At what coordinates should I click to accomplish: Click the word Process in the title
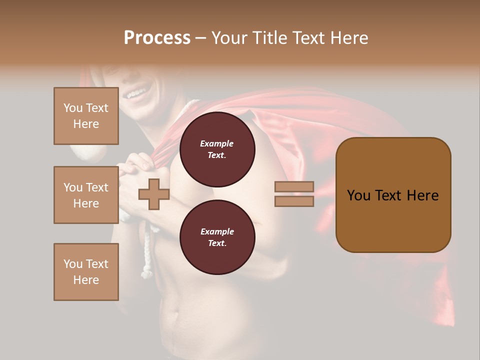click(157, 38)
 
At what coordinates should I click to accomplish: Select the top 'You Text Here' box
click(86, 116)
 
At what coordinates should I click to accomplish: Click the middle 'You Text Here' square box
click(86, 195)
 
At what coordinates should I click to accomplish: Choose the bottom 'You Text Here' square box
click(86, 272)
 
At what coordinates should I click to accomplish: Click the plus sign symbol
click(153, 194)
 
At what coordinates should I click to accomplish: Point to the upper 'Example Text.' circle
click(217, 149)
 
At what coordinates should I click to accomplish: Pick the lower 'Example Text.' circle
click(217, 237)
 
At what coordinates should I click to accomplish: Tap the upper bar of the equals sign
click(294, 186)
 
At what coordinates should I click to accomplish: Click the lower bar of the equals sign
click(294, 201)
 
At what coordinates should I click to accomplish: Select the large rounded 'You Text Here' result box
click(393, 195)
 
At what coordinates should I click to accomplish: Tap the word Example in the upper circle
click(217, 143)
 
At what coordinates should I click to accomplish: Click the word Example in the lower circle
click(217, 231)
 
